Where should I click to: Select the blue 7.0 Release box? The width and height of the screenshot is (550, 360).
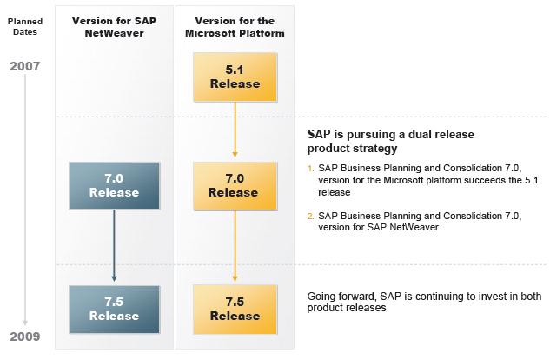(114, 184)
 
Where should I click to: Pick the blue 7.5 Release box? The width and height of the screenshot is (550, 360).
(114, 309)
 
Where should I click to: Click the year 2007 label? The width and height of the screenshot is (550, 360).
(25, 66)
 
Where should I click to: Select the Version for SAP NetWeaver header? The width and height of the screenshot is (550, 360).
(114, 26)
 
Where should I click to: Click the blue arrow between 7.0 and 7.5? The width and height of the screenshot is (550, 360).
(114, 243)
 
